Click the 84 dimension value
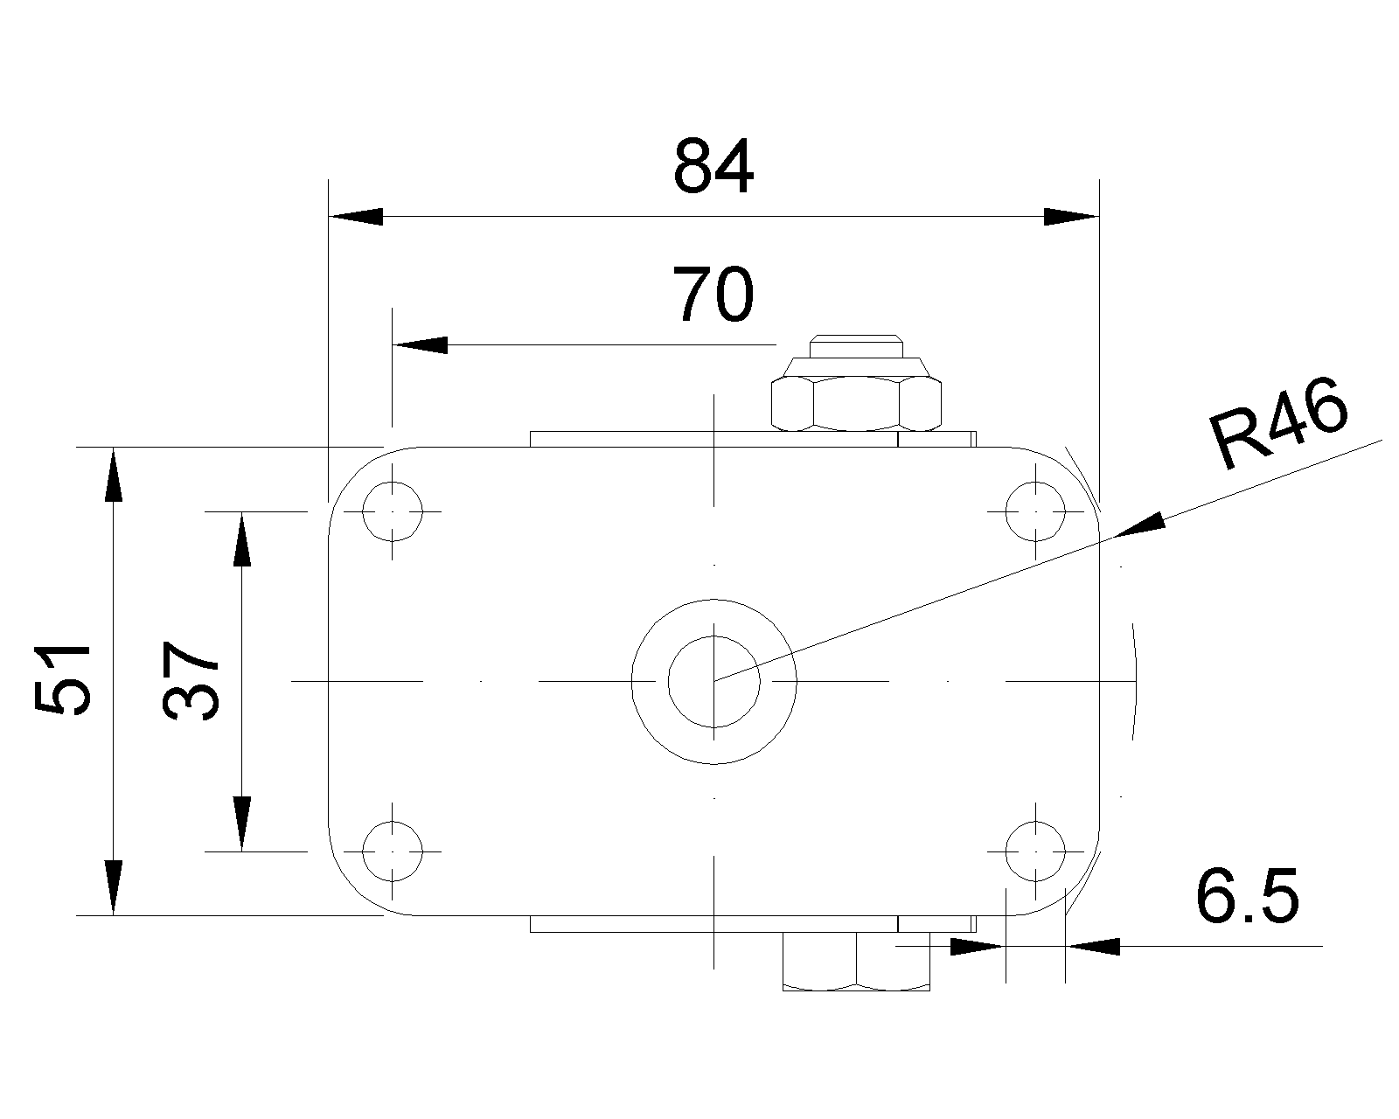pos(713,167)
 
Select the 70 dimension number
pos(713,295)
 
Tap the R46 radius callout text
pos(1279,424)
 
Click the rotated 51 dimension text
pos(63,680)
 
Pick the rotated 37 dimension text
pos(191,680)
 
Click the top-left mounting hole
pos(393,511)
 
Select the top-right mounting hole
pos(1036,511)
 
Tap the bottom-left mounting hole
pos(393,850)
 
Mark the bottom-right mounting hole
pos(1036,850)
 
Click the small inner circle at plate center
pos(714,680)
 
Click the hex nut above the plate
pos(857,402)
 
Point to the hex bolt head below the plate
pos(856,962)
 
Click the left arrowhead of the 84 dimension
pos(355,217)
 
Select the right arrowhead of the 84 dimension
pos(1071,217)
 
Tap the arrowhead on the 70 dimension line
pos(420,345)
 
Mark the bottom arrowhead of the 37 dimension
pos(242,823)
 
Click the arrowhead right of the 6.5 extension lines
pos(1093,946)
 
